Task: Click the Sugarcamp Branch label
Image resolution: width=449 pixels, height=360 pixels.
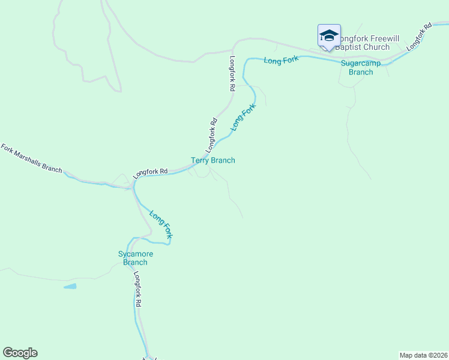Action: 357,67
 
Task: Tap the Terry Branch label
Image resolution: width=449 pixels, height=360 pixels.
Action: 213,160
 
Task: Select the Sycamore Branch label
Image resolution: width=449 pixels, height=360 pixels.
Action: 135,258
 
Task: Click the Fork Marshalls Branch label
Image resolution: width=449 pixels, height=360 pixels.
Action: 31,158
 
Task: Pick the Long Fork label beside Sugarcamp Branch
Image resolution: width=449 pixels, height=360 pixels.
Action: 282,59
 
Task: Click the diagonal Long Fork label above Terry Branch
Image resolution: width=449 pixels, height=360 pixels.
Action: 243,117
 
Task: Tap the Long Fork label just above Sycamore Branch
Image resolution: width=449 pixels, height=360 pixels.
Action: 161,225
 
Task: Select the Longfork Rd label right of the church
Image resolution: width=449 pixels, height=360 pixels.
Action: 419,37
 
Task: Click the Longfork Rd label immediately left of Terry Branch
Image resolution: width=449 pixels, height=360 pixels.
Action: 150,173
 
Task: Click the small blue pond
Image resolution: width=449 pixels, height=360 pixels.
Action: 70,287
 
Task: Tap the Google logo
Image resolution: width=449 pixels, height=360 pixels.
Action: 20,353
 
